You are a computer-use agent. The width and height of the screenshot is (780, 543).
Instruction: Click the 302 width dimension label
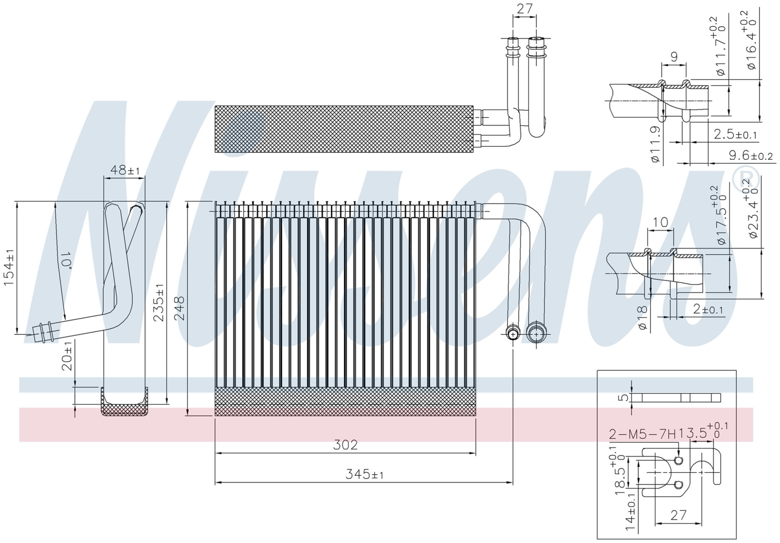click(345, 445)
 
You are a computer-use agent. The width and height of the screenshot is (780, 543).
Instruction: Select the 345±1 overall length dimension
click(364, 474)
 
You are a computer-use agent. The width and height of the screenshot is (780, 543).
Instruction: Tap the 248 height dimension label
click(180, 309)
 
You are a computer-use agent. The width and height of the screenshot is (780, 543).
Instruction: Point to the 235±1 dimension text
click(159, 302)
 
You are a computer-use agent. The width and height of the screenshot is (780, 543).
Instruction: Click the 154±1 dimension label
click(9, 267)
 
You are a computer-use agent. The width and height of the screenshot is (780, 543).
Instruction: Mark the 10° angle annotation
click(66, 259)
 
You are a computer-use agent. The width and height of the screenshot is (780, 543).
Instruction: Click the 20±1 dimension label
click(67, 356)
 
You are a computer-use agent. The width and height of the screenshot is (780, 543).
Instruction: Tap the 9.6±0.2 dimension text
click(751, 155)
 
